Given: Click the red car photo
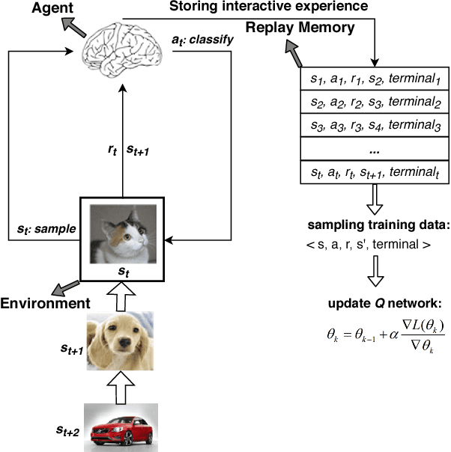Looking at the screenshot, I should coord(122,427).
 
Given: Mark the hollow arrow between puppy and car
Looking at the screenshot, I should coord(122,386).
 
